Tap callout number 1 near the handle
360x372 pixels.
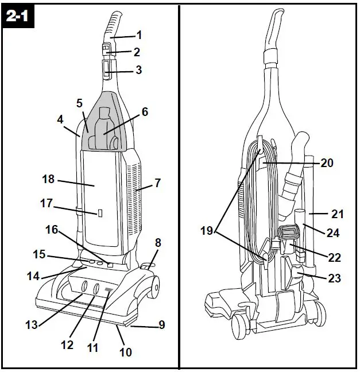(x=140, y=35)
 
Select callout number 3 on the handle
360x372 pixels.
(x=138, y=70)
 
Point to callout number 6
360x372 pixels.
(x=144, y=112)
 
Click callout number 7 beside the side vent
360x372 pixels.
(x=157, y=184)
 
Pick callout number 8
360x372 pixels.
(x=158, y=243)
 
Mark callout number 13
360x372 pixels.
(x=32, y=324)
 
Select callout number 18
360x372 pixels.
(x=48, y=180)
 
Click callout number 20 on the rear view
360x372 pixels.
(x=327, y=163)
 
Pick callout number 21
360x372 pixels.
(x=337, y=214)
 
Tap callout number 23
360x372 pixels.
(x=334, y=278)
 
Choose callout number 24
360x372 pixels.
(x=332, y=234)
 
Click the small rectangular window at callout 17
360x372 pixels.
(x=99, y=213)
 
